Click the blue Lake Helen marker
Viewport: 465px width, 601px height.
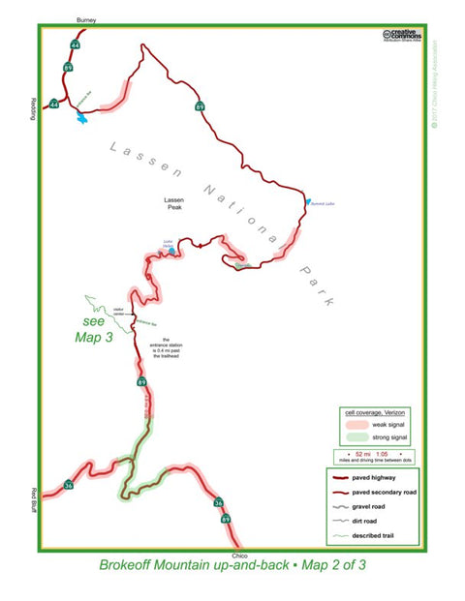(x=171, y=254)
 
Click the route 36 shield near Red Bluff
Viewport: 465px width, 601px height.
(x=68, y=485)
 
